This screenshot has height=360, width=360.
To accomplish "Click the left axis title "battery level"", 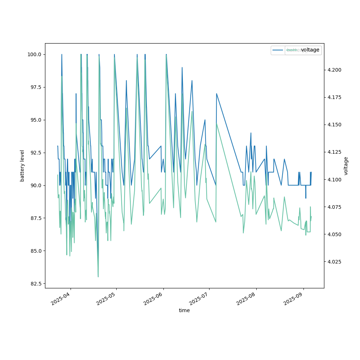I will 22,166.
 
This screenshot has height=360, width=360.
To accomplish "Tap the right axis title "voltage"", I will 346,166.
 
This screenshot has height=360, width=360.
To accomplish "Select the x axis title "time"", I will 184,310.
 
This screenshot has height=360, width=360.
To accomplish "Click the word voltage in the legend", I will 310,50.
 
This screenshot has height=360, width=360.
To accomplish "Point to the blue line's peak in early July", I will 216,94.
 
